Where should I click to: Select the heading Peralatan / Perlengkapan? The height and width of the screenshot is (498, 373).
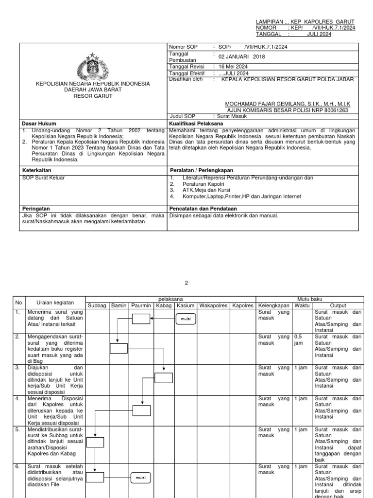click(x=202, y=171)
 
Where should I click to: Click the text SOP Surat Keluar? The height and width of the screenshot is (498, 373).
click(x=44, y=178)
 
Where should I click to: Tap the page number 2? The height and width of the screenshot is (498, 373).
click(x=186, y=283)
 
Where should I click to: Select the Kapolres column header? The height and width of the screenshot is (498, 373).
click(x=242, y=306)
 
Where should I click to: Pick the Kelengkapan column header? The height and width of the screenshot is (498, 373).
click(x=274, y=306)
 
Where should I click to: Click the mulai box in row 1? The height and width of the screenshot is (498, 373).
click(x=185, y=320)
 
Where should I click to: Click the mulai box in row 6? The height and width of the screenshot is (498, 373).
click(x=140, y=478)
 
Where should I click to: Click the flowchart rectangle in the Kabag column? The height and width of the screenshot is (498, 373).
click(x=163, y=378)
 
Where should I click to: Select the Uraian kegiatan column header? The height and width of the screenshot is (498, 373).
click(x=55, y=303)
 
